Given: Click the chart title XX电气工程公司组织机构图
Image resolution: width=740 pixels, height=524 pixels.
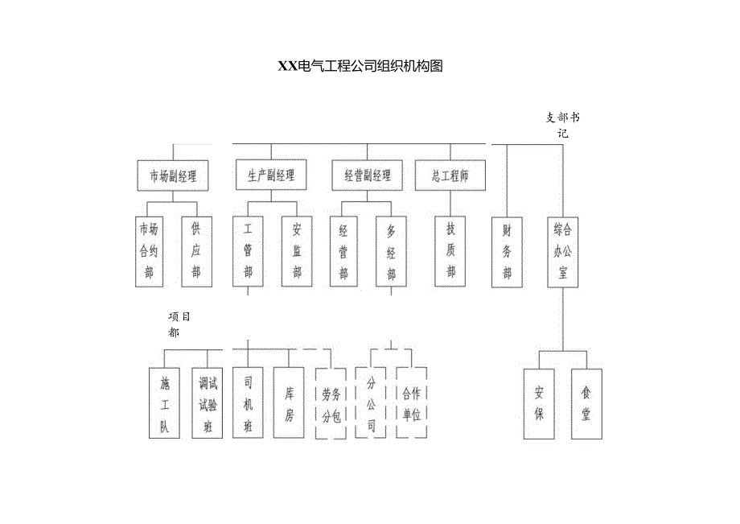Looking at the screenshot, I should point(360,67).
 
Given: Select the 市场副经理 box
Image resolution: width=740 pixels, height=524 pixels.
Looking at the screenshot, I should point(173,175).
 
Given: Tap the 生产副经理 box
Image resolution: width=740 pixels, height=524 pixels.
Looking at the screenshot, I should point(271,175).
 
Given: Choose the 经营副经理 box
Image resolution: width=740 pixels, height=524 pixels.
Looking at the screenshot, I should point(368,175).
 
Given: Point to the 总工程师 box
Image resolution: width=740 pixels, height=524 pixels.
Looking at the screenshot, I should point(450,175).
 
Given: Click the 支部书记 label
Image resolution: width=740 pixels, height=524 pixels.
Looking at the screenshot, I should point(562,125).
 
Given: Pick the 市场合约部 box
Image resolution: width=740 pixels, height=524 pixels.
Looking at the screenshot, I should point(149,251).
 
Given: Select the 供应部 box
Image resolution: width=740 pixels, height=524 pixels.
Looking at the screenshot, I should point(195,251).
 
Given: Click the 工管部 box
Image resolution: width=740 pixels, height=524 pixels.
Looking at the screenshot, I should point(248,251).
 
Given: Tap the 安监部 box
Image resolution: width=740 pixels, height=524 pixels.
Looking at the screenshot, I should point(297,251).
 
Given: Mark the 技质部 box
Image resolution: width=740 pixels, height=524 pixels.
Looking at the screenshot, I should point(450,250).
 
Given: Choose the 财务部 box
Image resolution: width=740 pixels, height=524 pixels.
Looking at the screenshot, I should point(507,251).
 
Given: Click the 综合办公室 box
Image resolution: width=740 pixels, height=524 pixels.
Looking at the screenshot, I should point(562,251).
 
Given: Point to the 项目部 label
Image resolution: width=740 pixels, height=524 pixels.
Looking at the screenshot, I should point(179,324).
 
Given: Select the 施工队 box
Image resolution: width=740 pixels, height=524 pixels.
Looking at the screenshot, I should point(164,403).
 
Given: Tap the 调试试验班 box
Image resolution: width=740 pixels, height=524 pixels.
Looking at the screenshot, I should point(207,403).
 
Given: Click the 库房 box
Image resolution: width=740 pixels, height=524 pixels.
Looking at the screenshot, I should point(289,403).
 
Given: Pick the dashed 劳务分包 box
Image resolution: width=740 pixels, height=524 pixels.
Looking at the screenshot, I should point(331,404).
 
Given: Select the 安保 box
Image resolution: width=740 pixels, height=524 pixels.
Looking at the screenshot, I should point(539,404).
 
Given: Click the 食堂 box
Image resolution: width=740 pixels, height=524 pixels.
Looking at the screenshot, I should point(586,404).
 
